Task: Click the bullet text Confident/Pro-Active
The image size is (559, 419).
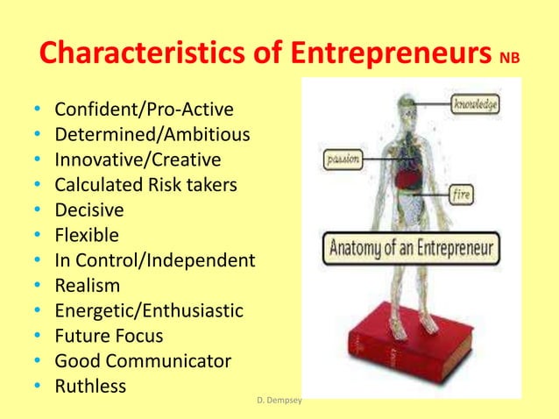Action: tap(145, 111)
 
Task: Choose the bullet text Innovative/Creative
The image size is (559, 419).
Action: tap(138, 160)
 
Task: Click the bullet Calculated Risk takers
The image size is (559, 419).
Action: tap(145, 185)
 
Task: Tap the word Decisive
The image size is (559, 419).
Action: tap(89, 210)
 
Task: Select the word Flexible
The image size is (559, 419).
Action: tap(87, 235)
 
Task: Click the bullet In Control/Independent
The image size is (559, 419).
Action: tap(155, 260)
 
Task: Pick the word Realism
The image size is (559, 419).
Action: tap(88, 286)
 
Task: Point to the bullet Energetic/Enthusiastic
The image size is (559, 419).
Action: tap(149, 310)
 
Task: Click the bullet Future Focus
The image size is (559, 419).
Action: tap(110, 336)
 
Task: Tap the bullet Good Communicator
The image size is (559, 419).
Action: tap(143, 360)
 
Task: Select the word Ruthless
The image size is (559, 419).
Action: tap(91, 386)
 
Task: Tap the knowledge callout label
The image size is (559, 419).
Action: tap(476, 105)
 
